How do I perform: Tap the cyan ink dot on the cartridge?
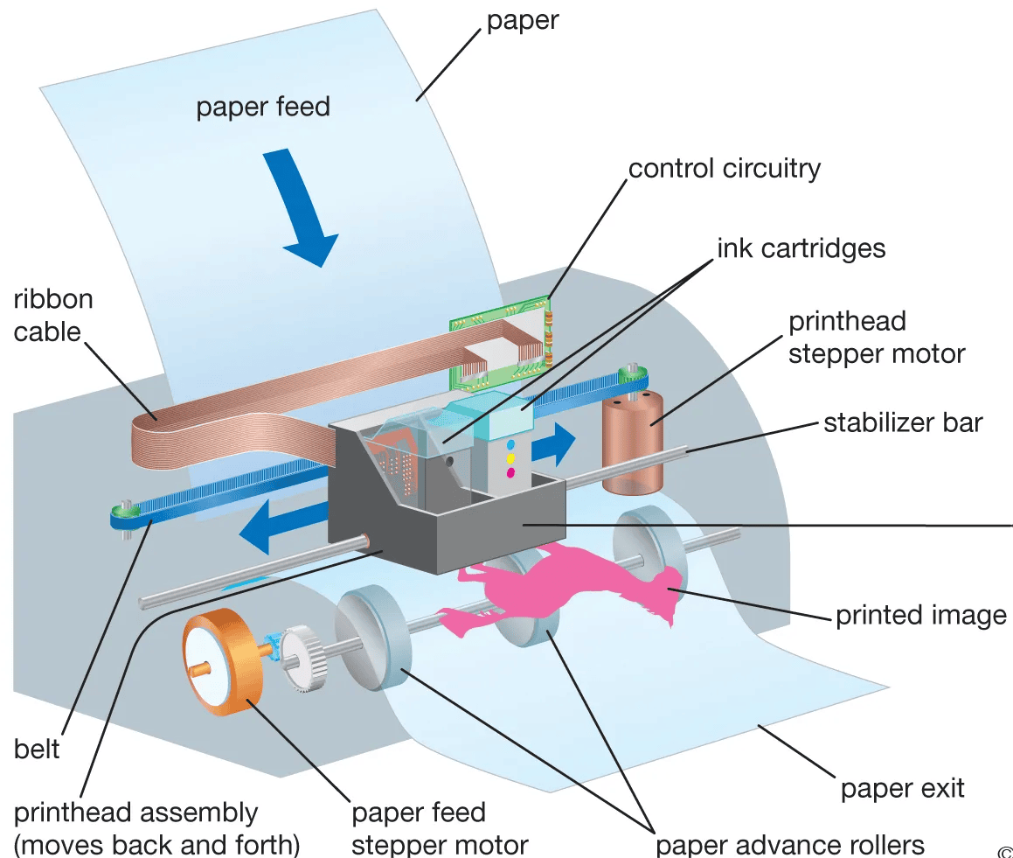[x=510, y=445]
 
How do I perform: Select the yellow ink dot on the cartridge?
[x=510, y=458]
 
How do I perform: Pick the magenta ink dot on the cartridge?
[x=510, y=472]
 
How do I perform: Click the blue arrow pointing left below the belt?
[x=280, y=530]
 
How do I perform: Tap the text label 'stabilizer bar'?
[x=903, y=423]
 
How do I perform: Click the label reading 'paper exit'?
[x=902, y=788]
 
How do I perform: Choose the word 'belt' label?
[x=37, y=749]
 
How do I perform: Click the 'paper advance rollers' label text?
[x=789, y=845]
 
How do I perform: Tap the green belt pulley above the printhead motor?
[x=631, y=376]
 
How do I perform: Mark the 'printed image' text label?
[x=921, y=615]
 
